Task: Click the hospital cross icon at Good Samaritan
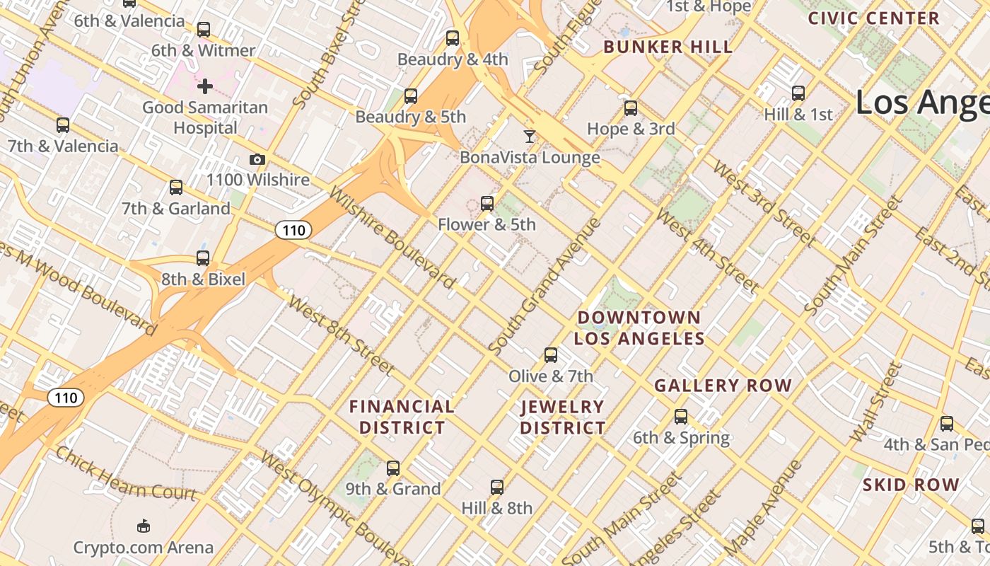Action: coord(205,86)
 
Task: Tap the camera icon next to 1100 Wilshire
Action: coord(257,160)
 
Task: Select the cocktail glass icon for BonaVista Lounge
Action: coord(530,137)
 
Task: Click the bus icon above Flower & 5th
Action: coord(487,204)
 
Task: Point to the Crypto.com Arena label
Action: coord(144,547)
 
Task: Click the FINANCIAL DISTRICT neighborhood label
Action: coord(402,417)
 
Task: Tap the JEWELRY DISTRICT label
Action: coord(563,417)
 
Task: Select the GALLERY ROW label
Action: coord(723,386)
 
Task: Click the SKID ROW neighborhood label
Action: coord(911,485)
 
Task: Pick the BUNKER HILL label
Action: coord(668,47)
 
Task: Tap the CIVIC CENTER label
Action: coord(874,18)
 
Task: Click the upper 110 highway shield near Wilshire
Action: coord(293,230)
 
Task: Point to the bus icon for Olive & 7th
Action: coord(551,355)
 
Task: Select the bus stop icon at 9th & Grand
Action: coord(393,468)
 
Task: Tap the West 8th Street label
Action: coord(341,335)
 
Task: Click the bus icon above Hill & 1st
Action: coord(798,93)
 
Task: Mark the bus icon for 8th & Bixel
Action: coord(203,258)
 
